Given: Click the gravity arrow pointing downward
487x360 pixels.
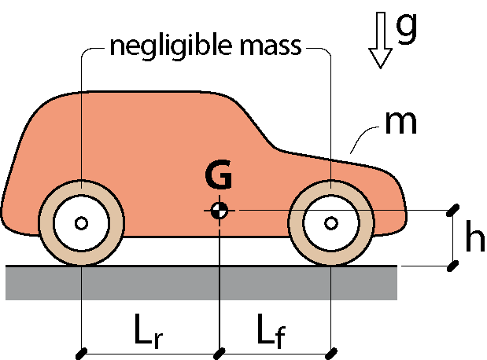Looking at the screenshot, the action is coord(381,40).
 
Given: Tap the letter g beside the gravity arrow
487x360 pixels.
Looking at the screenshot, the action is coord(406,28).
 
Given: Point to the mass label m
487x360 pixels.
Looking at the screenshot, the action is coord(400,123).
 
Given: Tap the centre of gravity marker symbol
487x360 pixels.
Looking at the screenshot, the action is coord(220,211).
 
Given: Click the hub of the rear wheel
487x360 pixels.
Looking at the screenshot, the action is coord(81,222).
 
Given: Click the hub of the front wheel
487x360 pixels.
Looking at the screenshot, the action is coord(331,222).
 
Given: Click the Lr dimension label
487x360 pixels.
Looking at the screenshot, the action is coord(149,331).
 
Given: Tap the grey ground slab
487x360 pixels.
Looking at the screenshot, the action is coord(201,283).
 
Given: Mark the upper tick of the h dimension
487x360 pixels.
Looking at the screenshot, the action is coord(453,210).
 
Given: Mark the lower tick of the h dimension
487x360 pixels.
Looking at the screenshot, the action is coord(453,266).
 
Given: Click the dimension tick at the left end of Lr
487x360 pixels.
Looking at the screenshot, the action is coord(81,354).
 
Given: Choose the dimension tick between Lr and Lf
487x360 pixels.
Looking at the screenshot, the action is coord(220,354).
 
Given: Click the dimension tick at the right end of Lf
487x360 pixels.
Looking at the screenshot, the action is coord(332,354).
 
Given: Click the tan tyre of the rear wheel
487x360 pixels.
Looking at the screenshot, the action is coord(46,222).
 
